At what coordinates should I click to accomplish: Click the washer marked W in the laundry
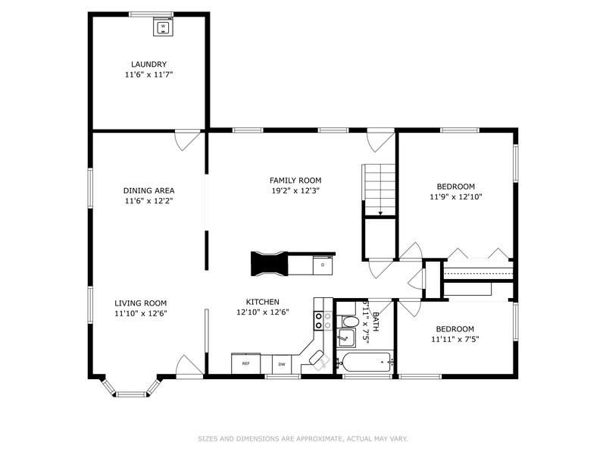pos(163,27)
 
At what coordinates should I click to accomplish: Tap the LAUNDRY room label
pos(148,64)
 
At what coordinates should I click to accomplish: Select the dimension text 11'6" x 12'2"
pos(149,202)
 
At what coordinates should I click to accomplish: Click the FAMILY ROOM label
pos(295,180)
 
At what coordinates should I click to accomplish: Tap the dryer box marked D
pos(322,265)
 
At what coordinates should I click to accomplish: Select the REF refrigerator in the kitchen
pos(246,364)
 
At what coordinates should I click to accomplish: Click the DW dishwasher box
pos(283,364)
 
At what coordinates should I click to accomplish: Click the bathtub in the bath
pos(367,363)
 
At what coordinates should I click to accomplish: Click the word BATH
pos(374,312)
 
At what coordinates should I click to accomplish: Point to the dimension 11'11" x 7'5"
pos(455,339)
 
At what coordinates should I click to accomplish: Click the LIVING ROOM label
pos(140,303)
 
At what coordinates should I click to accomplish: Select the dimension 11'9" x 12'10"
pos(455,196)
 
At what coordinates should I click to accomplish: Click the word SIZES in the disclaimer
pos(208,438)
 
